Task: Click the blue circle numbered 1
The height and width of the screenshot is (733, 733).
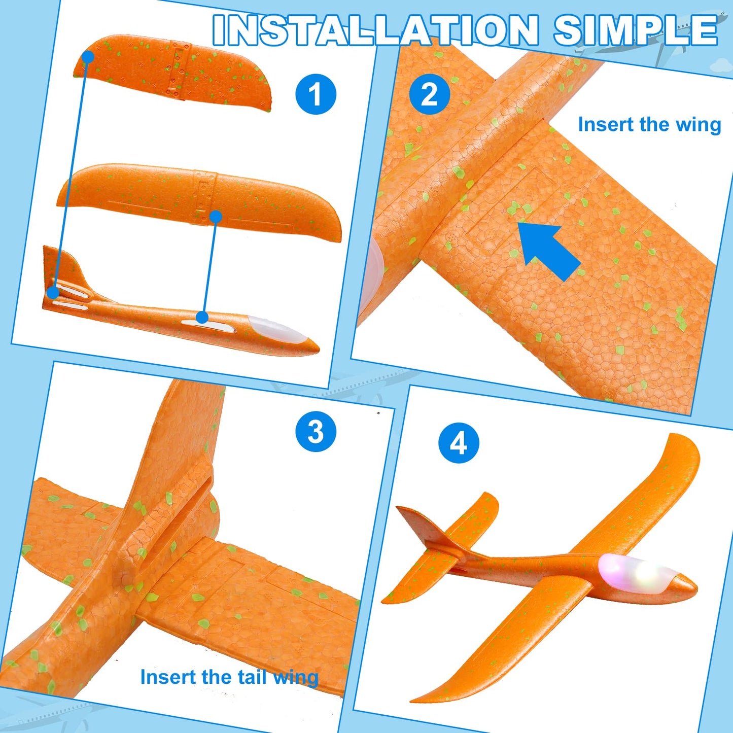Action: pyautogui.click(x=316, y=94)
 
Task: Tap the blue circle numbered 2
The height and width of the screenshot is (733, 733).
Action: pyautogui.click(x=430, y=94)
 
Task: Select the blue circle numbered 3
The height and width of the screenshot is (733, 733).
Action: pyautogui.click(x=316, y=432)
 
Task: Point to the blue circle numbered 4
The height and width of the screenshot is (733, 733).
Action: pyautogui.click(x=459, y=443)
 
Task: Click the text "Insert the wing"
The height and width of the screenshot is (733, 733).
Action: pyautogui.click(x=649, y=124)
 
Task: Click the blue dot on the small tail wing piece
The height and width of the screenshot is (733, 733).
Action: pyautogui.click(x=87, y=57)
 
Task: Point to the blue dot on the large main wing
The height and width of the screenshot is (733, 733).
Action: pyautogui.click(x=216, y=217)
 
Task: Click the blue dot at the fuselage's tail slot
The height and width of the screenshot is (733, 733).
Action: pyautogui.click(x=53, y=293)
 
